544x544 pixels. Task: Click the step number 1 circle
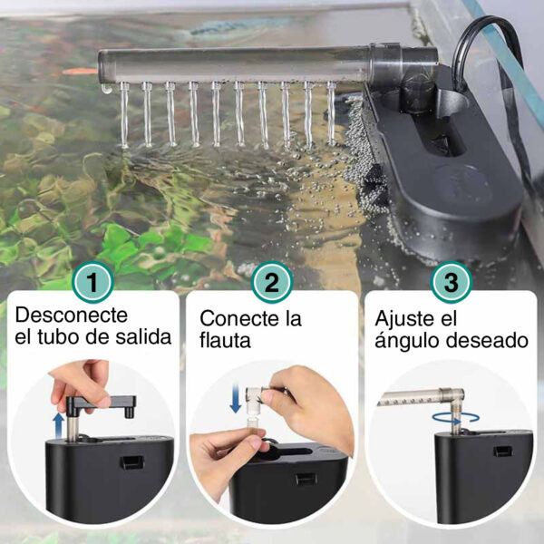click(92, 282)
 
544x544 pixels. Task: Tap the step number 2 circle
click(272, 282)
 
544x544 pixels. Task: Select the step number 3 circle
click(451, 282)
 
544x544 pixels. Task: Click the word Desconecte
click(72, 315)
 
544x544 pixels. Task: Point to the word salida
click(143, 337)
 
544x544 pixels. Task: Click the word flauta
click(225, 340)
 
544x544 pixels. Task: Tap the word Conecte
click(240, 318)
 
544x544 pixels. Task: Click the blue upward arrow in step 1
click(59, 425)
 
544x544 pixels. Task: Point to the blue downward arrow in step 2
click(236, 398)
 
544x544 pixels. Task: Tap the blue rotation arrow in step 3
click(456, 418)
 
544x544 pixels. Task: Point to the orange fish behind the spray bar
click(81, 72)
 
